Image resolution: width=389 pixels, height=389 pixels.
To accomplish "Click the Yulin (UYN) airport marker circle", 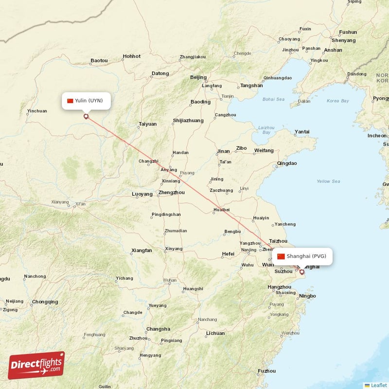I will [x=87, y=116].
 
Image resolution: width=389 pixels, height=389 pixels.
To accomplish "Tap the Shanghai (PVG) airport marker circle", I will [x=301, y=272].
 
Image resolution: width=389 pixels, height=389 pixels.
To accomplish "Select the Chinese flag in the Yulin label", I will [x=70, y=101].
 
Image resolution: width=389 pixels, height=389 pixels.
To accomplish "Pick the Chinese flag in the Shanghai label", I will [x=281, y=256].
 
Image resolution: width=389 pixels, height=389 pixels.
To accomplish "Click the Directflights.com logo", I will [x=36, y=365].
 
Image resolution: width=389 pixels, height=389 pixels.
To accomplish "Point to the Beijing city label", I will [x=198, y=77].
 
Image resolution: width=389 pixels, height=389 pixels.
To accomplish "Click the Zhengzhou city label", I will [x=171, y=193].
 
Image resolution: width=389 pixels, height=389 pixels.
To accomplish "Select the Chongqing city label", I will [x=45, y=302].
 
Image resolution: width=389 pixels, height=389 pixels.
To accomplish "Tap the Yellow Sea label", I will [x=328, y=181].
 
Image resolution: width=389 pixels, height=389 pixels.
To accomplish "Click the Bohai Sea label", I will [x=273, y=99].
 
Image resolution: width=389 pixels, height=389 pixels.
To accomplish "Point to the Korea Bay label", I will [x=338, y=101].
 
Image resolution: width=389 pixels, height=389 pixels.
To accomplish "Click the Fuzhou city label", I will [x=267, y=371].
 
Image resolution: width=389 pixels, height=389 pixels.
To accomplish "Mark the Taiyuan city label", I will [x=148, y=124].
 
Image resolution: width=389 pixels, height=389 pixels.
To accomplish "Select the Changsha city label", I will [x=159, y=329].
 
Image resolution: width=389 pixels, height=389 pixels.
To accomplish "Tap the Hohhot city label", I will [x=132, y=56].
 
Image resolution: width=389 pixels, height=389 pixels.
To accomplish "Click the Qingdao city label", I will [x=286, y=163].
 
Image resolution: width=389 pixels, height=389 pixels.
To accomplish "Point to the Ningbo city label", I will [x=307, y=296].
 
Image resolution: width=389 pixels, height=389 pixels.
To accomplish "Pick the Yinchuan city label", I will [x=37, y=111].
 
